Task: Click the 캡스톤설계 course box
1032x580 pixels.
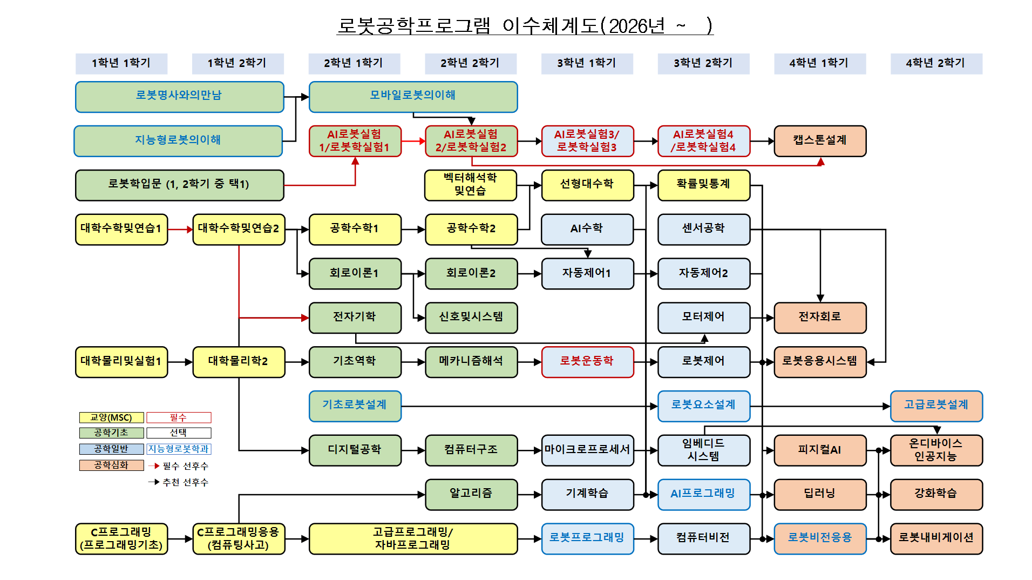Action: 819,141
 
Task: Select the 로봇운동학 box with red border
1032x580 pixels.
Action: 587,361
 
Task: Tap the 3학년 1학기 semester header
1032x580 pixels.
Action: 587,63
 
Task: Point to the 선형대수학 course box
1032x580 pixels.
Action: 587,185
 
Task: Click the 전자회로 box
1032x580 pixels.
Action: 819,318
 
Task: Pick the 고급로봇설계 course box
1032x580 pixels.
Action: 936,406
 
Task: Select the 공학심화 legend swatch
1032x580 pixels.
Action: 111,465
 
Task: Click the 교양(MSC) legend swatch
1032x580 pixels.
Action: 111,417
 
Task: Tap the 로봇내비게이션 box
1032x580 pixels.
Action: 936,538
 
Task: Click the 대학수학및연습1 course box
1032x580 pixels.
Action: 121,229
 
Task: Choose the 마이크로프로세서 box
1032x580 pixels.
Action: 587,450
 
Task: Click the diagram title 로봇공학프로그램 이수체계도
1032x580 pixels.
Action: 525,26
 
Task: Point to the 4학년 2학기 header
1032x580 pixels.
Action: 936,63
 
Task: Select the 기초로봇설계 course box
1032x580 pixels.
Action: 355,406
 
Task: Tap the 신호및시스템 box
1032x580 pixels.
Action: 471,318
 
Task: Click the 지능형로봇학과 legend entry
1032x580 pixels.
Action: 179,449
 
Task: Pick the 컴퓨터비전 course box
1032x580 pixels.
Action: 703,538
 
